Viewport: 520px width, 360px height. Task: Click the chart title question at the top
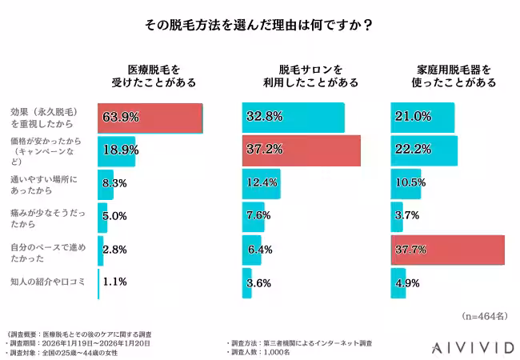(259, 25)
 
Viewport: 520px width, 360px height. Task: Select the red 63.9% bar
(150, 118)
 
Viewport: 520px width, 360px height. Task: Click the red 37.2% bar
(301, 150)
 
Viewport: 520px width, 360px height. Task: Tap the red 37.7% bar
(447, 250)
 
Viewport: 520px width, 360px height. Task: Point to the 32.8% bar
(293, 118)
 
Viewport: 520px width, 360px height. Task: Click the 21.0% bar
(422, 118)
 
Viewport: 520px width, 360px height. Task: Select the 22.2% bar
(423, 150)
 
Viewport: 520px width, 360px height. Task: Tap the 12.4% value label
(263, 183)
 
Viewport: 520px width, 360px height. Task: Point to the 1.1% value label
(115, 282)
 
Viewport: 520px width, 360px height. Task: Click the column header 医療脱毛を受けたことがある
(150, 75)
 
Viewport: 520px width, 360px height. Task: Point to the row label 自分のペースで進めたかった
(43, 250)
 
